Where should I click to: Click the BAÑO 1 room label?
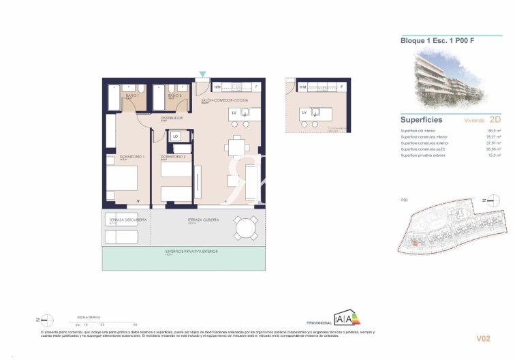[x=132, y=96]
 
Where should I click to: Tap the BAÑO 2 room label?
[x=174, y=96]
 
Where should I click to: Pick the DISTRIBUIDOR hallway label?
[x=173, y=117]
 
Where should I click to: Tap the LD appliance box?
[x=176, y=136]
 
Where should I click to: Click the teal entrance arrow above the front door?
[x=202, y=74]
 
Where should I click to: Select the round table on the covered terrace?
[x=245, y=226]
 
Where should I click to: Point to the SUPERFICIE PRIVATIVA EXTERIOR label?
[x=191, y=252]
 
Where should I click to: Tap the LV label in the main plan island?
[x=234, y=112]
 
